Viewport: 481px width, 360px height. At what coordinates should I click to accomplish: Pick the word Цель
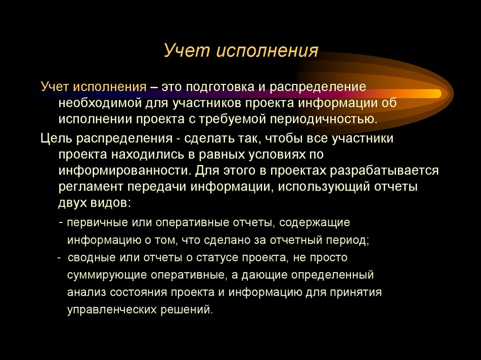(x=55, y=139)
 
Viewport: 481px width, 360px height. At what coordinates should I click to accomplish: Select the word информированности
(x=124, y=169)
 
